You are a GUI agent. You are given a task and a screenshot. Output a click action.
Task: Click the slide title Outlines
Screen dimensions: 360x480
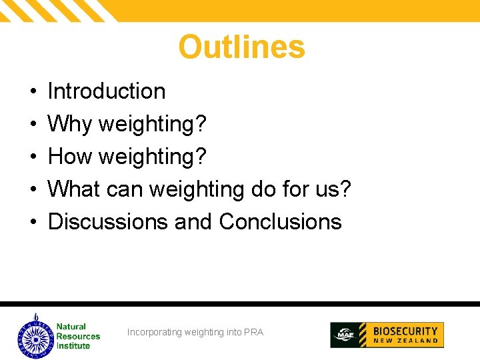pyautogui.click(x=241, y=47)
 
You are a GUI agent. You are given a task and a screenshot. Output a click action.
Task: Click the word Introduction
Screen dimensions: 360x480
pyautogui.click(x=107, y=91)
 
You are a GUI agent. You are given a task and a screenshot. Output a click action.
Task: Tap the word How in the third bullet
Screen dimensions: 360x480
pyautogui.click(x=70, y=157)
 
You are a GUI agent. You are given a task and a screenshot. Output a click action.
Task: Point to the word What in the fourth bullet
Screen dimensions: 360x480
pyautogui.click(x=73, y=189)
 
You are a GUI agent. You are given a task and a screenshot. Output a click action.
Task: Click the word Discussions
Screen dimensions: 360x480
pyautogui.click(x=107, y=222)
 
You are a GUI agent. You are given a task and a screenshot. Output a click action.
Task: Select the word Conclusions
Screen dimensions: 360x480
pyautogui.click(x=280, y=222)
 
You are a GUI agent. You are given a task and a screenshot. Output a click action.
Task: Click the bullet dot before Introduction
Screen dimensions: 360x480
pyautogui.click(x=32, y=92)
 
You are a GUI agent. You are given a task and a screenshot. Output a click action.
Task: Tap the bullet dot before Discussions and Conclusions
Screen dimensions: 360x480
pyautogui.click(x=32, y=223)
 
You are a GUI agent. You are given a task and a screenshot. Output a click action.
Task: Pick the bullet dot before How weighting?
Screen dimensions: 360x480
pyautogui.click(x=32, y=157)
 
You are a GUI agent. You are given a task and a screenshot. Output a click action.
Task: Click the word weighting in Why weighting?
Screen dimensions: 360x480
pyautogui.click(x=153, y=124)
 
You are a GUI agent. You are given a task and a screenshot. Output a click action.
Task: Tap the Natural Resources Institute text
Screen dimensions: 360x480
pyautogui.click(x=77, y=336)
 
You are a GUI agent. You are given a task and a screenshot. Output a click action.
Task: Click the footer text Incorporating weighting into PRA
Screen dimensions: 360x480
pyautogui.click(x=195, y=332)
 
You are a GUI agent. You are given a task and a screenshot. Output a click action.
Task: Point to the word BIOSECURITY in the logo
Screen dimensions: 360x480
pyautogui.click(x=405, y=331)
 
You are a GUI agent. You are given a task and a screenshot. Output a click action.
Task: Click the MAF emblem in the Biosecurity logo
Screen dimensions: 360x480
pyautogui.click(x=345, y=335)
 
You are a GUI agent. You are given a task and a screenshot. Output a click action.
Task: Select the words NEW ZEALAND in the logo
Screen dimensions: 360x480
pyautogui.click(x=405, y=341)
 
